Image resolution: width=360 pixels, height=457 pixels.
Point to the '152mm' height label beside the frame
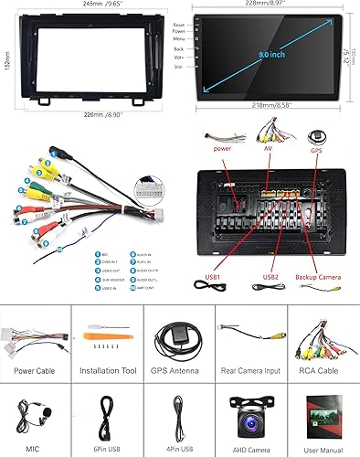pos(6,59)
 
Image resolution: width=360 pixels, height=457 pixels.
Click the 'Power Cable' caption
pos(36,373)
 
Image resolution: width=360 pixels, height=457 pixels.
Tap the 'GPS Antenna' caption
pos(179,373)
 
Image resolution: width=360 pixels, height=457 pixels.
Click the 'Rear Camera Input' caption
pos(251,373)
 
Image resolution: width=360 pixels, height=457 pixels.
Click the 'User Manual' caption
pos(323,449)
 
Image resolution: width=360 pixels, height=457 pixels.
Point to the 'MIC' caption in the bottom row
pos(36,449)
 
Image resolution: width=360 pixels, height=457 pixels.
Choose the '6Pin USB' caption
pos(107,449)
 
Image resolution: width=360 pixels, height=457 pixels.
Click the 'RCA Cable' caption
pos(323,373)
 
